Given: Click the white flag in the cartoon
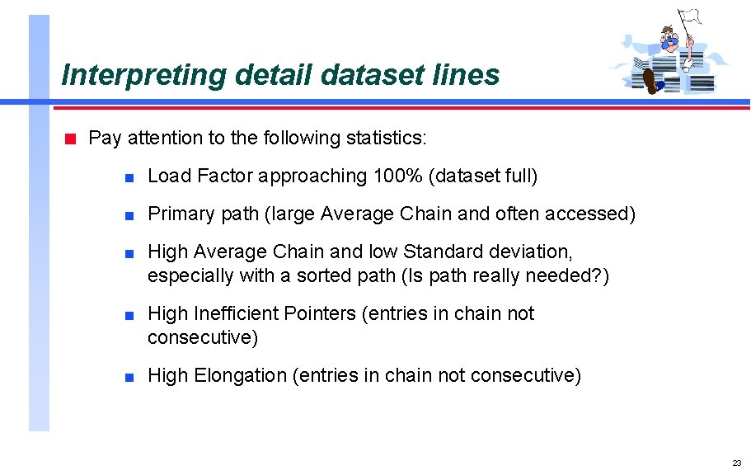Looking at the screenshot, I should click(x=689, y=16).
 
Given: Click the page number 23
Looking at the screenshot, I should click(x=736, y=463).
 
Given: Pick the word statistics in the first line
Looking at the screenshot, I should click(x=384, y=138).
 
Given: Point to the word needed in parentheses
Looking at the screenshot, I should click(x=559, y=275).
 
